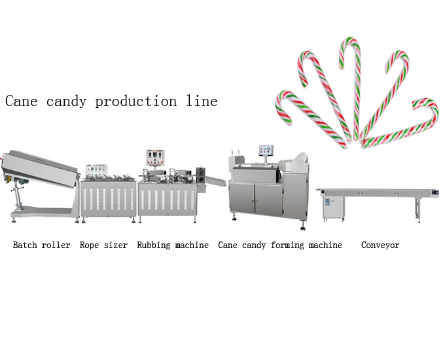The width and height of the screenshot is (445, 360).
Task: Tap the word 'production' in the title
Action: click(134, 101)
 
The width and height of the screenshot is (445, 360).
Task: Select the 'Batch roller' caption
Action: click(41, 245)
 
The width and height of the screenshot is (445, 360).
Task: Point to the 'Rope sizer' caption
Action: click(103, 245)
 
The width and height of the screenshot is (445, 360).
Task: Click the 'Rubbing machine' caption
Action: click(173, 245)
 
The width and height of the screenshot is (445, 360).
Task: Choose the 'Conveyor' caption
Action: click(380, 245)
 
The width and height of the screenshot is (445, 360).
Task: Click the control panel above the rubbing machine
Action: click(155, 158)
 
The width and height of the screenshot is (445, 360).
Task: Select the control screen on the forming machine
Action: click(266, 151)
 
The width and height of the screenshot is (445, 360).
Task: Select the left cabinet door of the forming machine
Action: click(243, 199)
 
